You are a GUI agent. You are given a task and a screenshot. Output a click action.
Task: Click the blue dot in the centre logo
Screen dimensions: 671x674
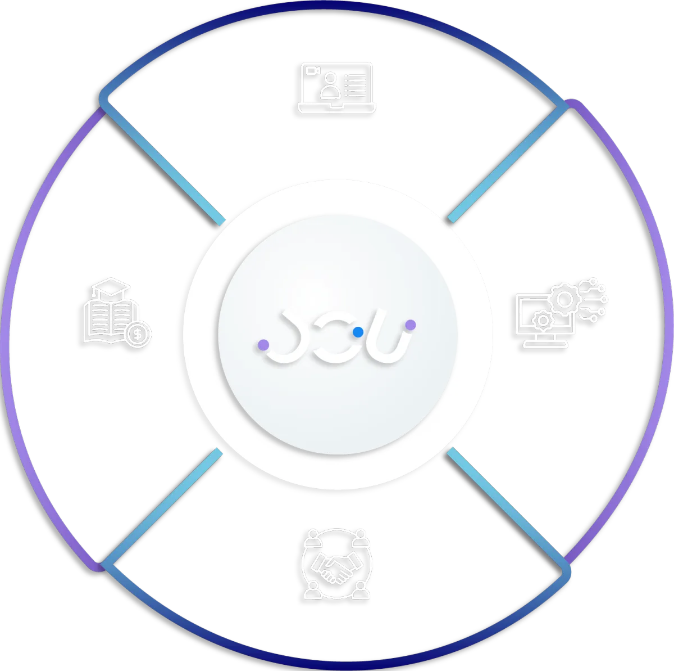357,332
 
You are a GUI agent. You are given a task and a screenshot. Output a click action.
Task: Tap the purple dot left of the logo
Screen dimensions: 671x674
263,344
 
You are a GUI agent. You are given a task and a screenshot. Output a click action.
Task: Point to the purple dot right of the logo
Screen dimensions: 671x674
411,325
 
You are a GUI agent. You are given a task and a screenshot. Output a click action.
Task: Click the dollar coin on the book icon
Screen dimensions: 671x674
138,335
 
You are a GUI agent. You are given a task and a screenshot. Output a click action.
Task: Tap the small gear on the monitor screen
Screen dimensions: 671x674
543,321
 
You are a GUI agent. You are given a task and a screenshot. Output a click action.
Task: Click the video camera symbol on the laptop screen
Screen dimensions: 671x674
312,71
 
